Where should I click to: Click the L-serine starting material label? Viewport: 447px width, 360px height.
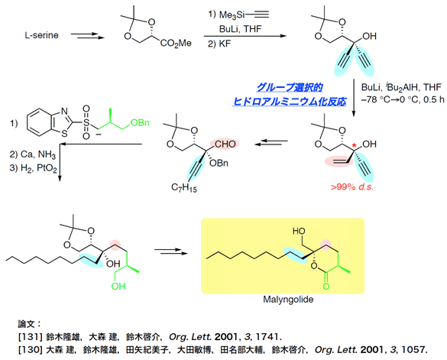coord(41,35)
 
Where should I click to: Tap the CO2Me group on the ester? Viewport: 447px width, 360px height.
coord(176,44)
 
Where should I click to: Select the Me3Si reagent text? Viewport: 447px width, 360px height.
coord(232,15)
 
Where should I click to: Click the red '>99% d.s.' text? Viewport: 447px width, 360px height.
coord(352,187)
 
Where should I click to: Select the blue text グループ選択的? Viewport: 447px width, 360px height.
coord(290,87)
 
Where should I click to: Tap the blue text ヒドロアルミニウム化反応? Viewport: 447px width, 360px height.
coord(290,101)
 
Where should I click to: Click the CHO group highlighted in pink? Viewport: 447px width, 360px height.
coord(225,144)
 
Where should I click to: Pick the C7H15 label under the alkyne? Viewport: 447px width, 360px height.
coord(184,188)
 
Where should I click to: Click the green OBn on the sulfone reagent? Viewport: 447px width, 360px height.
coord(140,122)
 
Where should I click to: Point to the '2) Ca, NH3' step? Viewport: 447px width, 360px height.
coord(33,154)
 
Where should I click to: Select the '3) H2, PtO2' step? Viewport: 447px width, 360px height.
coord(33,168)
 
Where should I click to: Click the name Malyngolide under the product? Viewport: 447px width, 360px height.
coord(288,300)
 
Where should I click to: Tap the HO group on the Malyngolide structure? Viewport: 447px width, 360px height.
coord(299,231)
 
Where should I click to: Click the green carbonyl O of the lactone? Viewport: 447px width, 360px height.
coord(326,285)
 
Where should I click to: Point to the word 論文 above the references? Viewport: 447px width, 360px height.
coord(26,324)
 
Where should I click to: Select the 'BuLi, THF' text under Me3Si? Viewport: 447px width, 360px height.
coord(241,29)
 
